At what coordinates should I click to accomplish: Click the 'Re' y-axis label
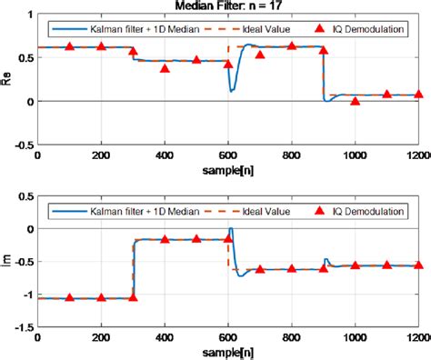(x=8, y=79)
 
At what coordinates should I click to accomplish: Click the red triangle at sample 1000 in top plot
(x=355, y=101)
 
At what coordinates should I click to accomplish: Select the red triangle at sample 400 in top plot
(x=165, y=67)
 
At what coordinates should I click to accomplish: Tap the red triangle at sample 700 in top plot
(x=260, y=55)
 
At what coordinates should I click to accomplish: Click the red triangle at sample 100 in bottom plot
(x=69, y=297)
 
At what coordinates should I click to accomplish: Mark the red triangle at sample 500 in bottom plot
(x=196, y=239)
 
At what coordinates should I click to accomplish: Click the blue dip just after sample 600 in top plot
(x=232, y=91)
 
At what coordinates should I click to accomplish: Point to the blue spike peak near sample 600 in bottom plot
(x=231, y=229)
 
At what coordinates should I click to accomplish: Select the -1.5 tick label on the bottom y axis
(x=21, y=326)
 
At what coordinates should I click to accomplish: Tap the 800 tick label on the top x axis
(x=291, y=155)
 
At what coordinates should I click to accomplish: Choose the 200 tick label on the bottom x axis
(x=101, y=338)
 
